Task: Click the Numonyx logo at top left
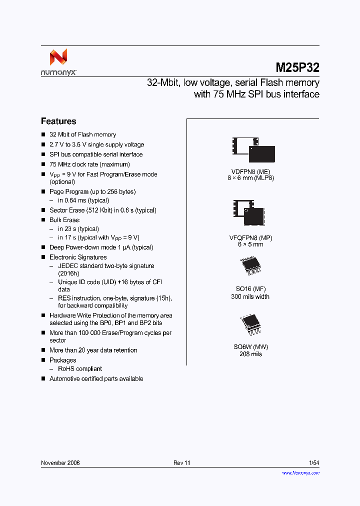(58, 62)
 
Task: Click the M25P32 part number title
(297, 67)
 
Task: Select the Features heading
(58, 121)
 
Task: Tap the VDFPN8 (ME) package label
(251, 171)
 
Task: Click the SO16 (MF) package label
(250, 289)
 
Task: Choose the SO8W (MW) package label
(250, 346)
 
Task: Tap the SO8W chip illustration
(250, 324)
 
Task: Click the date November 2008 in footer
(60, 463)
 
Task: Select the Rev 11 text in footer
(182, 463)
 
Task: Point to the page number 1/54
(314, 463)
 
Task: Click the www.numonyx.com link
(300, 472)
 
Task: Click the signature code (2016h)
(68, 273)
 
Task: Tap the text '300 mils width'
(250, 296)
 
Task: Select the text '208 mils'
(250, 354)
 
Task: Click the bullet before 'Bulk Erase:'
(43, 220)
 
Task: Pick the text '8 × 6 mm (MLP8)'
(251, 178)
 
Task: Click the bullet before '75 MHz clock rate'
(43, 164)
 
